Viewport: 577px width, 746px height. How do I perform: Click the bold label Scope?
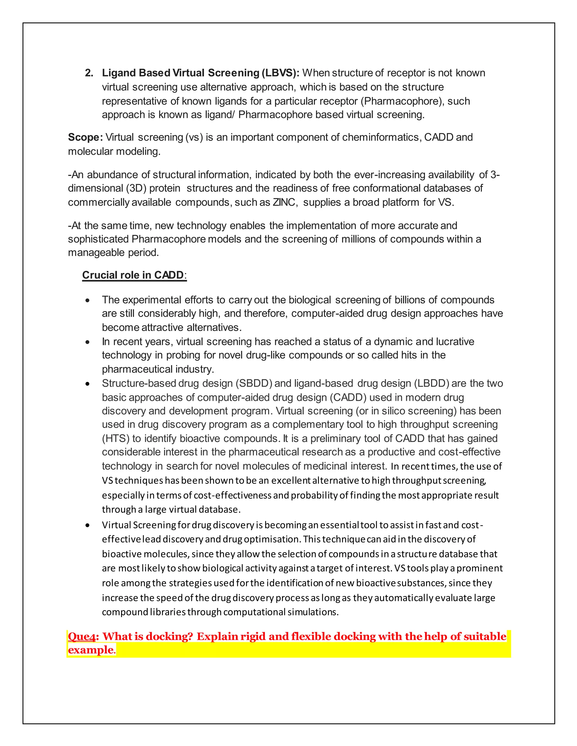click(85, 137)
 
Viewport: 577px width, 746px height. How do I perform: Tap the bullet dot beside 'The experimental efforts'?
click(88, 300)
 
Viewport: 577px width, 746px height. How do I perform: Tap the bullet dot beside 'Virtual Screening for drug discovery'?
click(88, 525)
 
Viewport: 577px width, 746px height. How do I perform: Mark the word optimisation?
click(272, 539)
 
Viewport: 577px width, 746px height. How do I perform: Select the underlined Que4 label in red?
click(82, 636)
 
